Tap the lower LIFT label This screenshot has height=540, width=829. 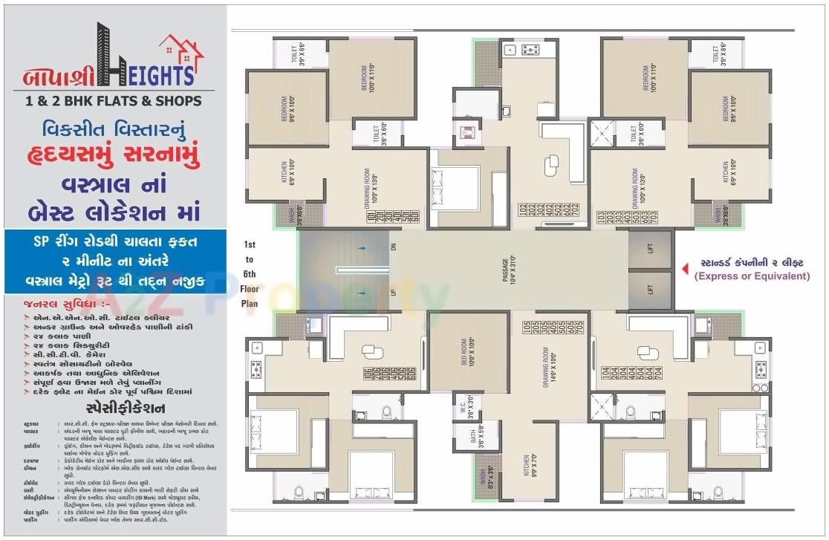click(x=650, y=289)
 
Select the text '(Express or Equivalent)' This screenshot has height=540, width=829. click(x=751, y=276)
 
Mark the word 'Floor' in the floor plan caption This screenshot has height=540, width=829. click(x=250, y=290)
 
